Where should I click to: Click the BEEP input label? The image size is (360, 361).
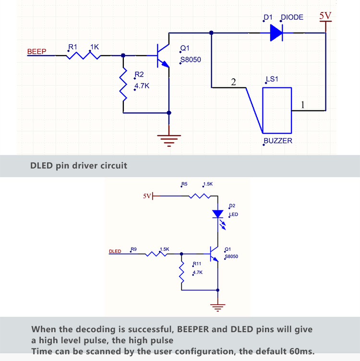tap(36, 51)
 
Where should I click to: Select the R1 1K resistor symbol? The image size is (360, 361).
tap(84, 56)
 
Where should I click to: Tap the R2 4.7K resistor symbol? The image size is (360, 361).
tap(123, 84)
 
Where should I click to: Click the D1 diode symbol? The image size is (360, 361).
tap(276, 33)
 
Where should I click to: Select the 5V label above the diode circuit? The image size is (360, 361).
tap(325, 16)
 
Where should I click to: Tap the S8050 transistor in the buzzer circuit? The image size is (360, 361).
tap(163, 56)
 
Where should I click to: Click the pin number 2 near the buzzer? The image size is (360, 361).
tap(233, 82)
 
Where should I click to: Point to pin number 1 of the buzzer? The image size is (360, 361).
tap(303, 105)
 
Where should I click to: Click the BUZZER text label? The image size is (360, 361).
tap(278, 141)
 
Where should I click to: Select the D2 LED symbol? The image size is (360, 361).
tap(218, 217)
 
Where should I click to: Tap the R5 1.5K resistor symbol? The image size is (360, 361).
tap(199, 196)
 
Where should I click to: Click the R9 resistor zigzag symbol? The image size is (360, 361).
tap(156, 254)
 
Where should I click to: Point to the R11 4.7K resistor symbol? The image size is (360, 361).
tap(181, 272)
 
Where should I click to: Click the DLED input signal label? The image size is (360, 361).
tap(115, 251)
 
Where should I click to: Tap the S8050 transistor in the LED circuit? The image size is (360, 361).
tap(214, 254)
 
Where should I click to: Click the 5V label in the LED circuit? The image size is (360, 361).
tap(147, 196)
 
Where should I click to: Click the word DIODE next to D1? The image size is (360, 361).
tap(292, 17)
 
